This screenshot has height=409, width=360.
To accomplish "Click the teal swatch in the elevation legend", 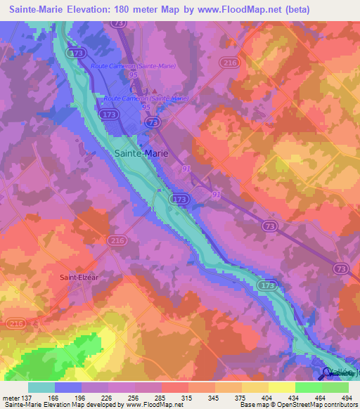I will coord(41,387).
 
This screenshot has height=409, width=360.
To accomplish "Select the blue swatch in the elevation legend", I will coord(68,387).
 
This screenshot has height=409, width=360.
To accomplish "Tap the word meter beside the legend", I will coord(13,397).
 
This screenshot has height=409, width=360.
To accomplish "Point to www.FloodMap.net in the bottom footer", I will coord(152,405).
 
